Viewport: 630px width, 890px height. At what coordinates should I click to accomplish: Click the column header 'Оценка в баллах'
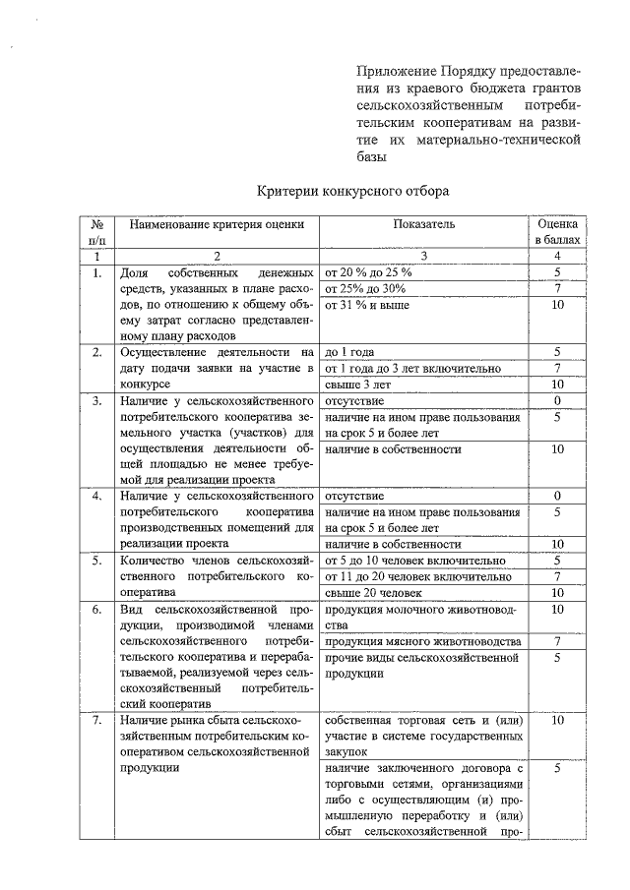[557, 231]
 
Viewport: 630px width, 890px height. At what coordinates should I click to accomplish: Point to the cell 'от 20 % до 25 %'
[370, 271]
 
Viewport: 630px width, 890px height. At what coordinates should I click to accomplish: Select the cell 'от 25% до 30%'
[365, 288]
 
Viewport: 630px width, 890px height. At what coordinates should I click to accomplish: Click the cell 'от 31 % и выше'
[368, 305]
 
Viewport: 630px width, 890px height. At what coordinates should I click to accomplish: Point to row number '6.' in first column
[96, 610]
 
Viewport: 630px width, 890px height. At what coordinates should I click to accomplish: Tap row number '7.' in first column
[96, 721]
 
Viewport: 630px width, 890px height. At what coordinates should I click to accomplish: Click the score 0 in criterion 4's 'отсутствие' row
[557, 495]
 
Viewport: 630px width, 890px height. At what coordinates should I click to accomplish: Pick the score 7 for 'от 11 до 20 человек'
[557, 576]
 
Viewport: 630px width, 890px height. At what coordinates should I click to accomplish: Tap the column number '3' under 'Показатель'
[424, 256]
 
